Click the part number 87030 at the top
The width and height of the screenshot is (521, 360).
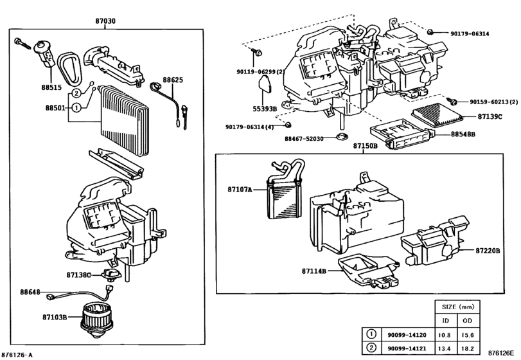(105, 21)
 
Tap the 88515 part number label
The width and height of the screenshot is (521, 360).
(51, 87)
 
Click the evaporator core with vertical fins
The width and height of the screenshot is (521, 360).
(123, 120)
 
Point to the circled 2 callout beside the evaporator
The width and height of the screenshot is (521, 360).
(76, 93)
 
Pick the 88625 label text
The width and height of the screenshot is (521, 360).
(173, 80)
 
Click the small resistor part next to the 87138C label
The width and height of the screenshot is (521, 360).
(111, 274)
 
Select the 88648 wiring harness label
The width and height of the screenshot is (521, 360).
(30, 292)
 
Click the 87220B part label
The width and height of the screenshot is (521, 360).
(488, 251)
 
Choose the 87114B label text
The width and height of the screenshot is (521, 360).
(314, 271)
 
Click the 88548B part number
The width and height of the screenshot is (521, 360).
(463, 134)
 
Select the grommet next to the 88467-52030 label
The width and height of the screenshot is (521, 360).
(340, 136)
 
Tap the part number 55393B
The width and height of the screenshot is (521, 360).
(265, 109)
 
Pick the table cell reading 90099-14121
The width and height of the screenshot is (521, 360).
(407, 348)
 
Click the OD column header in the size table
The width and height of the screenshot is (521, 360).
(467, 321)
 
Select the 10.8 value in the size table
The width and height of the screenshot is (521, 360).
(445, 335)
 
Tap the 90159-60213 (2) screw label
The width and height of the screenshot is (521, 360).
(493, 102)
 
